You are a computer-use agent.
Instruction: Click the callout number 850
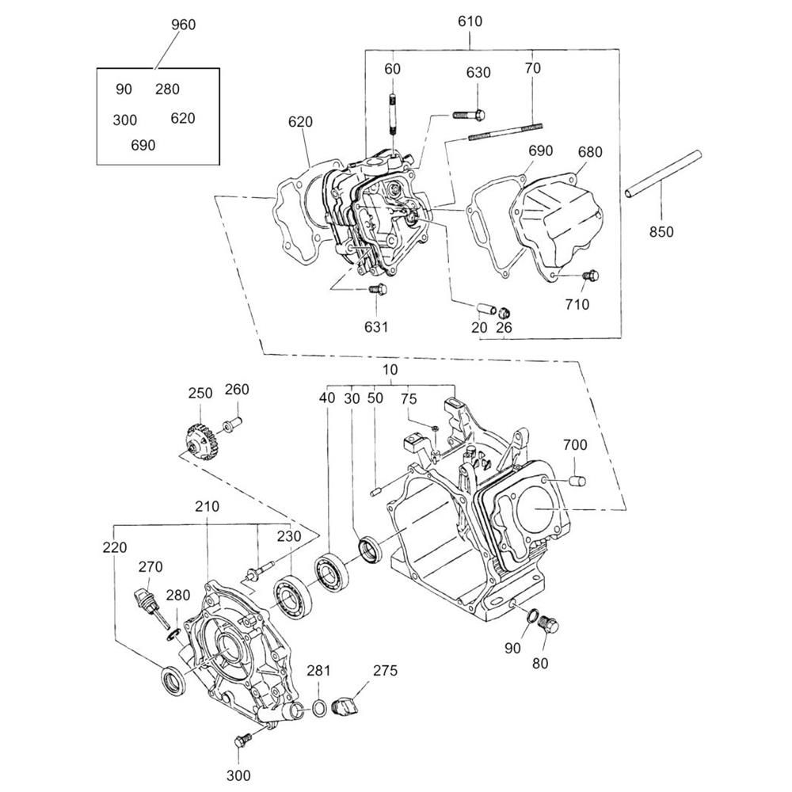(x=661, y=232)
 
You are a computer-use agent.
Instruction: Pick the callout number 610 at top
(x=470, y=21)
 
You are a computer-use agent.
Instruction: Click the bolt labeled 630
(x=470, y=115)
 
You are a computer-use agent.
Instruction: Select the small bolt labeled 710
(x=590, y=275)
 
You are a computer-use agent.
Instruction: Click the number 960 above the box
(x=183, y=25)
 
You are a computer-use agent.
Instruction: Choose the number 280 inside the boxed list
(x=167, y=89)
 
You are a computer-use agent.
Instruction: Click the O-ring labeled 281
(x=318, y=707)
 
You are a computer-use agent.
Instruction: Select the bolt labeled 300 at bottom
(x=242, y=741)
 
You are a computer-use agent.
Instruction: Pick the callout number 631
(x=376, y=326)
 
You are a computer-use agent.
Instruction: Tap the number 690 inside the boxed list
(x=143, y=145)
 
